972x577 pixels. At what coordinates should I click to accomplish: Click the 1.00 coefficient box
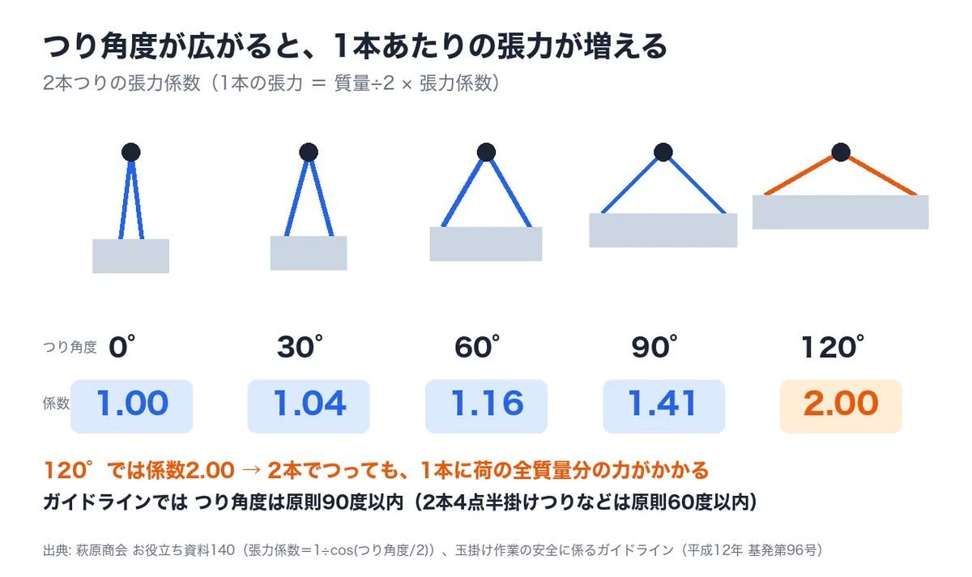coord(131,406)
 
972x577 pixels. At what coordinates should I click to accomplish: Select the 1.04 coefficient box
coord(309,406)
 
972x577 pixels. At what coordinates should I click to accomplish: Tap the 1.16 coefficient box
coord(486,406)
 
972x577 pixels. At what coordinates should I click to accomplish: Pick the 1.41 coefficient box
coord(663,406)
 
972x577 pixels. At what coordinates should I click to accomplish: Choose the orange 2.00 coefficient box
coord(841,406)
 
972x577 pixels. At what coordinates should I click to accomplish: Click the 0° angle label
coord(122,347)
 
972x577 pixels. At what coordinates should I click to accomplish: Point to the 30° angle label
coord(300,347)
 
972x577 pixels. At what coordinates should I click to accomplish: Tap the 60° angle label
coord(477,347)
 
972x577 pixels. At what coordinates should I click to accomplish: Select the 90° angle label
coord(654,347)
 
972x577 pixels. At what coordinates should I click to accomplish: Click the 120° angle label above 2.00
coord(833,347)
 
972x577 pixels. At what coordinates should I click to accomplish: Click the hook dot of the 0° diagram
coord(131,152)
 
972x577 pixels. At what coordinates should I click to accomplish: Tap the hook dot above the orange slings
coord(841,152)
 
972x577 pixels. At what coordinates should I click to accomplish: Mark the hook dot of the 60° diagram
coord(486,152)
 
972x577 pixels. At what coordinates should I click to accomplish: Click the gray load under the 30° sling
coord(309,253)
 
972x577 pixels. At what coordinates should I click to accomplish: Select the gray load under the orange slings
coord(841,212)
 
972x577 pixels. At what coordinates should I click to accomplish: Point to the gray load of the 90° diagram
coord(663,230)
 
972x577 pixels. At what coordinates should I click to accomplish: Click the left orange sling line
coord(799,175)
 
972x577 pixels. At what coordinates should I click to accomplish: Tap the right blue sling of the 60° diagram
coord(511,194)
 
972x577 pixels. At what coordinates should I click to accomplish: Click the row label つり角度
coord(70,348)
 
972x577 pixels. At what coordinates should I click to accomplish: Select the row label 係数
coord(56,404)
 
